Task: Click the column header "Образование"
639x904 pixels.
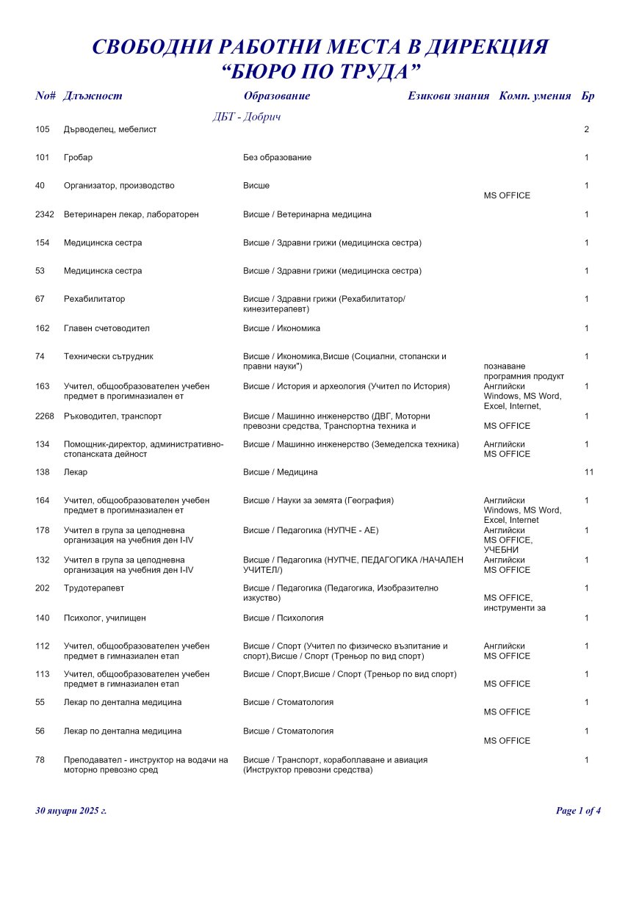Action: click(276, 96)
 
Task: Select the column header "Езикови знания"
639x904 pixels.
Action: click(448, 96)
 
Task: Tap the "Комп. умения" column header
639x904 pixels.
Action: click(535, 96)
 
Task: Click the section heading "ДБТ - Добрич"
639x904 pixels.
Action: click(247, 117)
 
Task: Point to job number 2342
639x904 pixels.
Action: click(45, 214)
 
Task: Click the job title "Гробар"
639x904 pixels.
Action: click(78, 158)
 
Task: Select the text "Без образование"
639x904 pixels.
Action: click(277, 158)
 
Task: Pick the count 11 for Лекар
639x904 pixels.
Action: click(588, 472)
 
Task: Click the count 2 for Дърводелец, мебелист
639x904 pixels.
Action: click(586, 129)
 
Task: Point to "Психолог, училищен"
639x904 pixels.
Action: click(104, 618)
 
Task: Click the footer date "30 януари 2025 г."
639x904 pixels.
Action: click(71, 811)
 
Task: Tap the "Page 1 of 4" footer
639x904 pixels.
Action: click(578, 811)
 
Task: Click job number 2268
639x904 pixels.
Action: click(45, 416)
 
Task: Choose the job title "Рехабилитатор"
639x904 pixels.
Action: click(94, 300)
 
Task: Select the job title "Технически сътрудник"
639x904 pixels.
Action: click(108, 357)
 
